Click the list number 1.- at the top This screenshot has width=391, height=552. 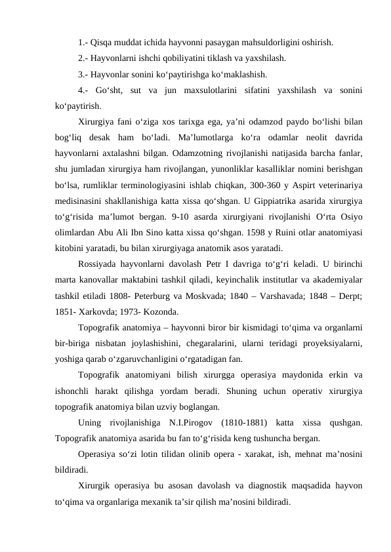[x=83, y=44]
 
